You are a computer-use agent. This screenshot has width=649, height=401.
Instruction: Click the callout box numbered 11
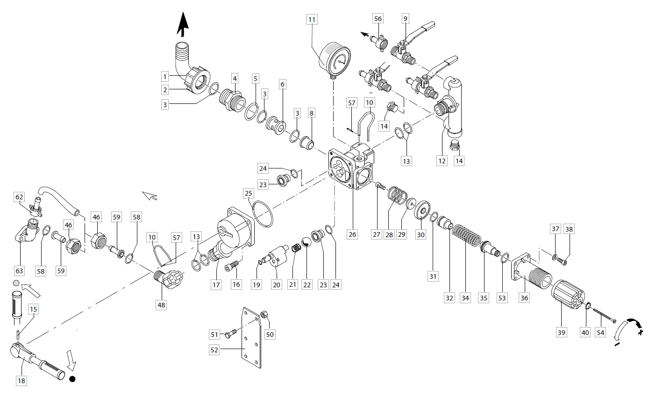312,19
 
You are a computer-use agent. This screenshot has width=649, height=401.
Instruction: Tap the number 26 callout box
352,234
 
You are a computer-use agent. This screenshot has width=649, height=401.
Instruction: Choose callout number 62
19,197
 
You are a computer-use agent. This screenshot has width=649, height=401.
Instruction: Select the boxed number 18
21,380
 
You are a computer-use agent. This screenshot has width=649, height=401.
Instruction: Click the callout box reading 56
378,18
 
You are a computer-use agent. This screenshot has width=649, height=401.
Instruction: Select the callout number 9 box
405,18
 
